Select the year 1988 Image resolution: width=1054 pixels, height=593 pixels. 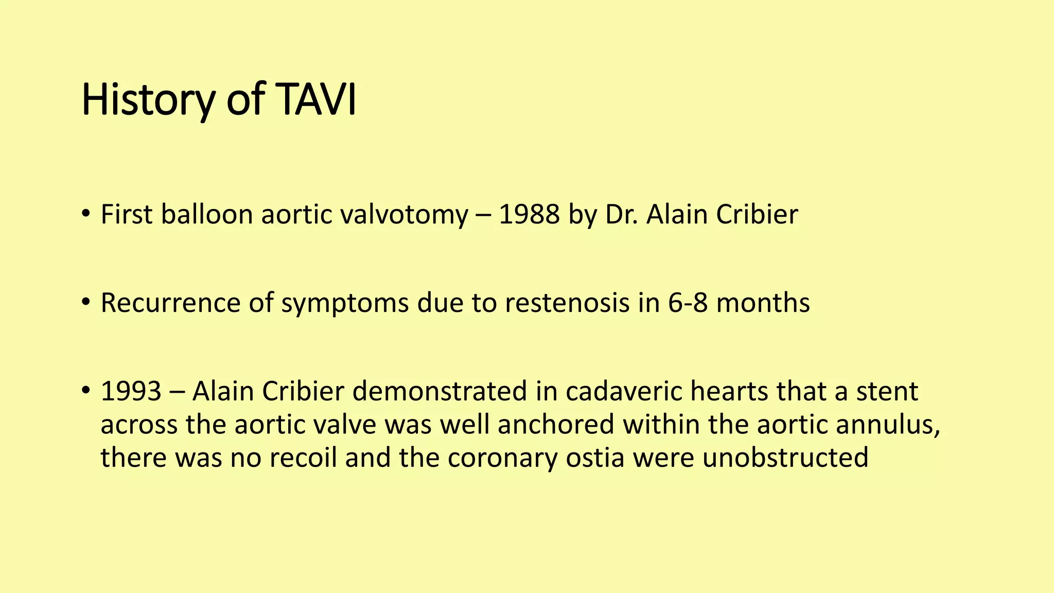[529, 214]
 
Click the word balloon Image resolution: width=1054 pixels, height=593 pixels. [206, 214]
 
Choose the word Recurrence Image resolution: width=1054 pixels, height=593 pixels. [170, 303]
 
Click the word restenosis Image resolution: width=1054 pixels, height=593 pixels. [567, 303]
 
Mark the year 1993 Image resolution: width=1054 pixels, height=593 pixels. [131, 391]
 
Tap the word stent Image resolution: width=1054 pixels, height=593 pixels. [887, 391]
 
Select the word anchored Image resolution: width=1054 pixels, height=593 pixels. [556, 425]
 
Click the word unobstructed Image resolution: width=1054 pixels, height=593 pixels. [785, 458]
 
